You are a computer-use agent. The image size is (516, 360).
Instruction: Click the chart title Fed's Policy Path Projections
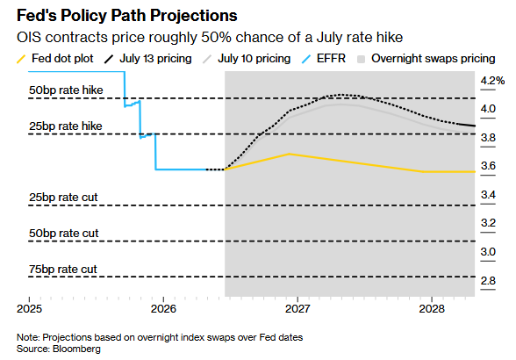click(126, 16)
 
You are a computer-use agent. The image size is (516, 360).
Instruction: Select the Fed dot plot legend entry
click(55, 59)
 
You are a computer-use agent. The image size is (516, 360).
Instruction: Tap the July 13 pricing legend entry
click(147, 59)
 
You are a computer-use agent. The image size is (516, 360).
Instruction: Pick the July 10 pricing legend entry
click(247, 59)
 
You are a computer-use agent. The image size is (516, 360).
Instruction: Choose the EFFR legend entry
click(324, 59)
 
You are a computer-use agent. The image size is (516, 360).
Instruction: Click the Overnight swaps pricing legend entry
click(426, 59)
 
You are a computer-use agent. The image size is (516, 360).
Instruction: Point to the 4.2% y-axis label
click(492, 81)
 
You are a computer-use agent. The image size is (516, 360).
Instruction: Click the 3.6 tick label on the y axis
click(488, 166)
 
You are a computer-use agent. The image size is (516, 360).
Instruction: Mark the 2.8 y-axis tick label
click(488, 281)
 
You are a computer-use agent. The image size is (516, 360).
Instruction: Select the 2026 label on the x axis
click(163, 308)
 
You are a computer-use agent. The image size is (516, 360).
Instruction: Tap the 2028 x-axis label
click(432, 308)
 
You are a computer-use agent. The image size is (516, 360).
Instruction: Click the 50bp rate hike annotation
click(66, 90)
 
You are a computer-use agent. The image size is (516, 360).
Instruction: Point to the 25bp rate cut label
click(63, 198)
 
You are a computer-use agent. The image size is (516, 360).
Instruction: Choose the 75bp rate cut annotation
click(63, 269)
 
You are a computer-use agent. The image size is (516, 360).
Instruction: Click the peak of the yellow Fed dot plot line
click(289, 154)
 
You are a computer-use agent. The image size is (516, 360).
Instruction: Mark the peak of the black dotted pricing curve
click(340, 95)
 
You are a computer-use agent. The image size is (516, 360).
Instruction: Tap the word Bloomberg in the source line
click(76, 349)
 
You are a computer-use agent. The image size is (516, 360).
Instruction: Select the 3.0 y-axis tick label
click(488, 252)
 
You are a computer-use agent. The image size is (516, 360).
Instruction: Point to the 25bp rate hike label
click(66, 126)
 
